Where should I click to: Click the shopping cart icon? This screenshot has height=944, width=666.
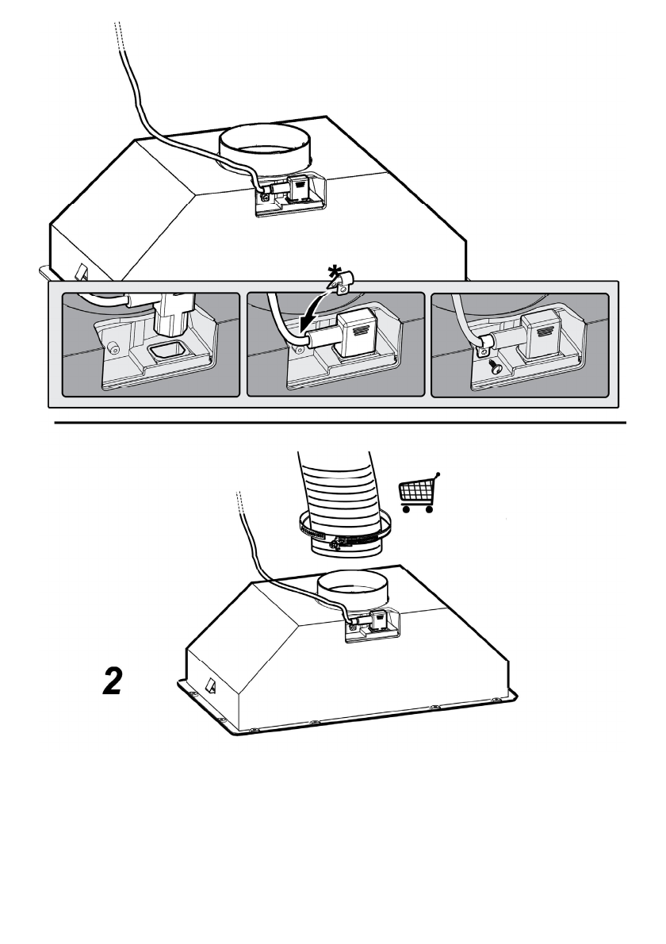(419, 493)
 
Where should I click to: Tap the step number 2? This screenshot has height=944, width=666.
(113, 681)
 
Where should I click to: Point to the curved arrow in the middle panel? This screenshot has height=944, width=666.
(315, 308)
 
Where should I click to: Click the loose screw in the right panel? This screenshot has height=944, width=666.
(496, 368)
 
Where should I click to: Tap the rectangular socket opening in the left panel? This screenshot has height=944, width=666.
(166, 350)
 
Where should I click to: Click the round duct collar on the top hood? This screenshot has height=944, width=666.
(266, 148)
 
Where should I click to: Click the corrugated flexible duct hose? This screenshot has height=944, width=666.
(340, 497)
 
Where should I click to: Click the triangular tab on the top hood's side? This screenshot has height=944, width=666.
(81, 273)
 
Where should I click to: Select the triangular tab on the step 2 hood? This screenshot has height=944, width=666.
(212, 685)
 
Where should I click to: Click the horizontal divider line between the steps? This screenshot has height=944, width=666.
(340, 423)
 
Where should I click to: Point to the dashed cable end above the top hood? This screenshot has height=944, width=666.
(118, 36)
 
